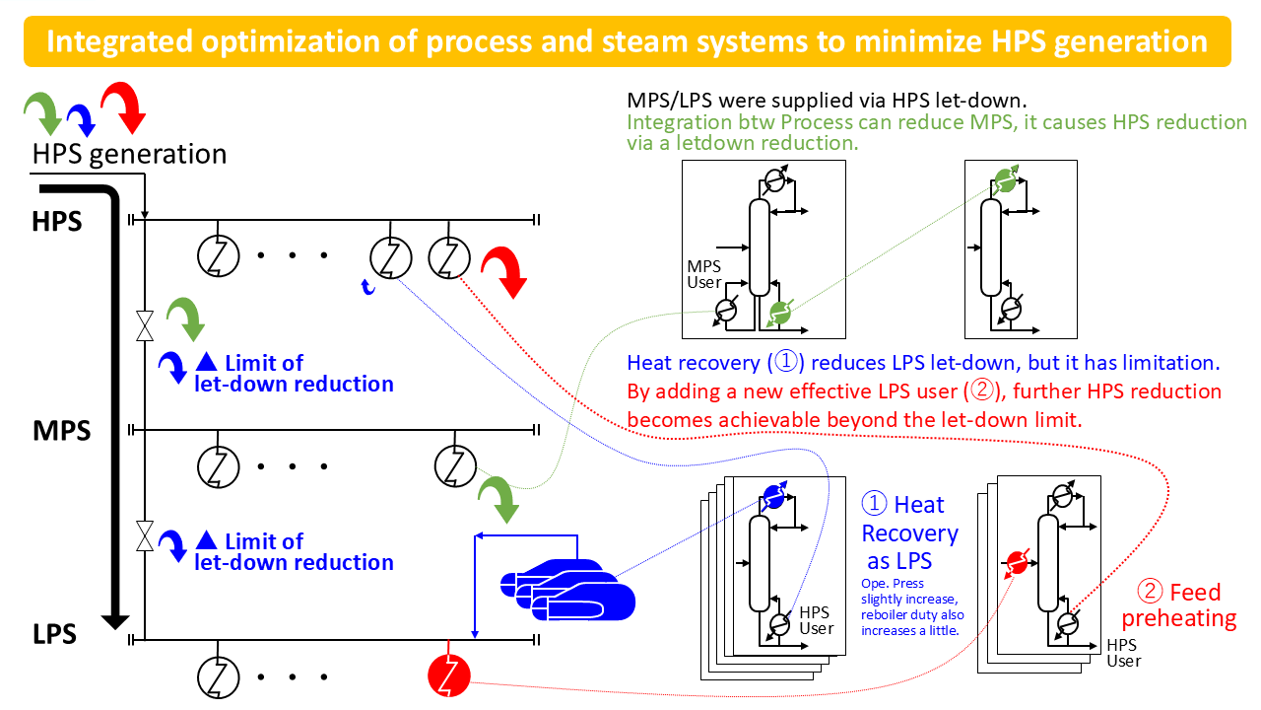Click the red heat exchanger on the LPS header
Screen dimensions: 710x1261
click(449, 675)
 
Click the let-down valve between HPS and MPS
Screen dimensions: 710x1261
click(145, 324)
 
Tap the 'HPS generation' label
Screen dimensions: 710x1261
click(129, 155)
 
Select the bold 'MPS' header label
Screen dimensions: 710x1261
click(62, 431)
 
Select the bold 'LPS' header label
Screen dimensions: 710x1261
click(55, 634)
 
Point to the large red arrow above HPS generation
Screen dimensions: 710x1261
click(124, 108)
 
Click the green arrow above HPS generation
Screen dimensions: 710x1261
click(42, 110)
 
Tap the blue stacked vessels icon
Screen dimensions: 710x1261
click(568, 589)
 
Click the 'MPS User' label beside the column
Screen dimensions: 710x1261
click(704, 274)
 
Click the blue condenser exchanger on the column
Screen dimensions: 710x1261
click(774, 498)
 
